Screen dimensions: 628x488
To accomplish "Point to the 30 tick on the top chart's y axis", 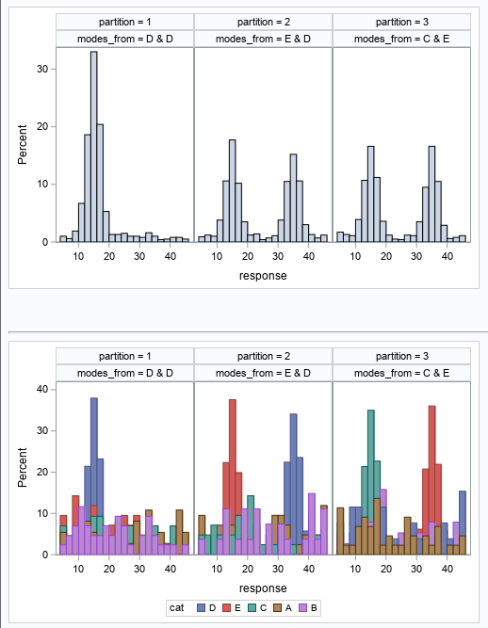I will click(x=42, y=68).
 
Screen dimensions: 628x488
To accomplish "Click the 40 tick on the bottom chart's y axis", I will click(x=42, y=389).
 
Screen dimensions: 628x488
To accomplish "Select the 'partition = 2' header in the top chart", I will click(x=263, y=22).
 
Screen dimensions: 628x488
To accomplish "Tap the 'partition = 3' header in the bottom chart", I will click(x=401, y=355).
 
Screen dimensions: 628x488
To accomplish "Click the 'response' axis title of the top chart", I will click(x=263, y=276).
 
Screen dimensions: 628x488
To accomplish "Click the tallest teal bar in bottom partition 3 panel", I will click(x=371, y=480).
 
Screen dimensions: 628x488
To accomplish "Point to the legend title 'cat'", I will click(x=176, y=608).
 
